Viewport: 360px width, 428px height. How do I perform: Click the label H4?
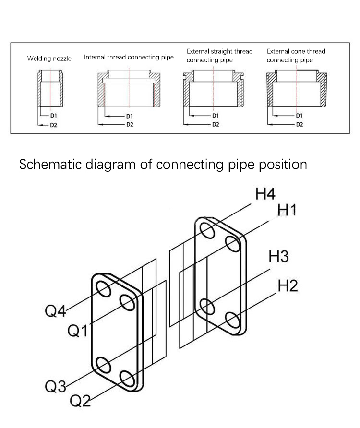265,194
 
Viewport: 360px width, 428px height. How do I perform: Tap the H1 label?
287,210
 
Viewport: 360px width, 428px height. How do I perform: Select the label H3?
278,257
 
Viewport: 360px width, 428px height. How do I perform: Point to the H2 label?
288,286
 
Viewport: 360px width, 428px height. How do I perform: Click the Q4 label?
55,311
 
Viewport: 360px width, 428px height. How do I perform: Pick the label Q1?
77,331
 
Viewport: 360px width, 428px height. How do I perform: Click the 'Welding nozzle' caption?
49,59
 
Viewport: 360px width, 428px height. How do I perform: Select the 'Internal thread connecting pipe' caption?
129,57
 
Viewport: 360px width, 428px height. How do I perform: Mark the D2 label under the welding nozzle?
54,125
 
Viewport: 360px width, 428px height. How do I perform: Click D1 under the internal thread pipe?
129,116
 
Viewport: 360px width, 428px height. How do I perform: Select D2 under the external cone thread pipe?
299,124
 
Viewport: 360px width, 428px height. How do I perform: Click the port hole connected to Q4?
103,289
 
